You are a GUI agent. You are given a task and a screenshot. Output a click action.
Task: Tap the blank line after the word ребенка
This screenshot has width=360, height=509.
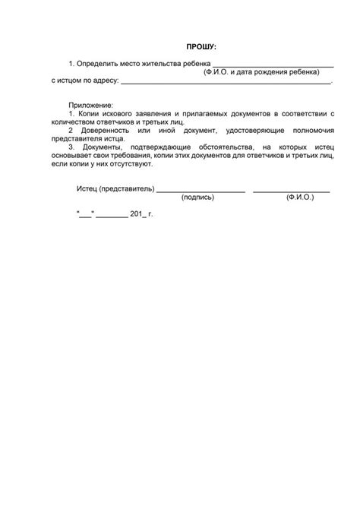click(273, 66)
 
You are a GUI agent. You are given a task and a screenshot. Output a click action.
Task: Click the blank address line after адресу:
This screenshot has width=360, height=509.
click(226, 81)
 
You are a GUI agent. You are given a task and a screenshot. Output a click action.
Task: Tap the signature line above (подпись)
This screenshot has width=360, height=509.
click(201, 191)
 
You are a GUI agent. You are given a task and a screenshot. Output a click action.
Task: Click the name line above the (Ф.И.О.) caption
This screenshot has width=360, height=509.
click(291, 191)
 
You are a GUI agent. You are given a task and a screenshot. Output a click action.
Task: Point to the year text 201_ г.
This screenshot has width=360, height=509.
click(141, 215)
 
